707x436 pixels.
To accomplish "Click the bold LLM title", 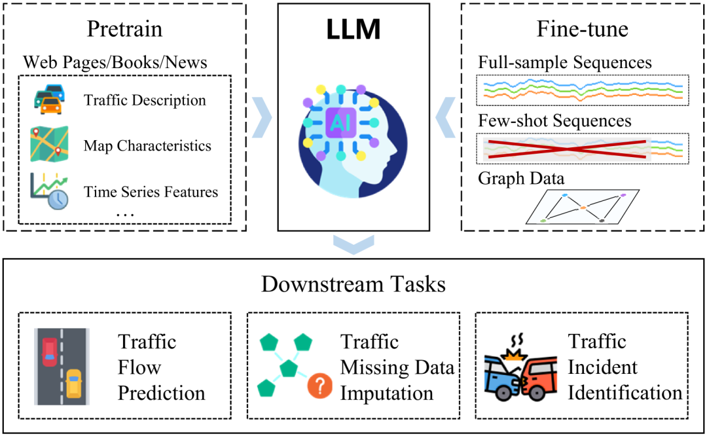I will pyautogui.click(x=354, y=30).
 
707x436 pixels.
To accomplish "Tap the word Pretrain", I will pyautogui.click(x=125, y=29).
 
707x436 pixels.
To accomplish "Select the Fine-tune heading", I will pyautogui.click(x=583, y=29).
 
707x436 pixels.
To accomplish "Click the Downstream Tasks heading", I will pyautogui.click(x=353, y=285).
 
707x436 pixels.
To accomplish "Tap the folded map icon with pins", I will pyautogui.click(x=49, y=145).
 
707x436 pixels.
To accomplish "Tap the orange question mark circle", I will pyautogui.click(x=319, y=387).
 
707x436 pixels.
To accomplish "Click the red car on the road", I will pyautogui.click(x=50, y=352).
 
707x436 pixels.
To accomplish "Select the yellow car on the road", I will pyautogui.click(x=73, y=384).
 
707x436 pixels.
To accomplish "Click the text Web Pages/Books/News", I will pyautogui.click(x=115, y=63).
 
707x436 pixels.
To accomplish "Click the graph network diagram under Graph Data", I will pyautogui.click(x=583, y=207).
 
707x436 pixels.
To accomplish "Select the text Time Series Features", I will pyautogui.click(x=151, y=192).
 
